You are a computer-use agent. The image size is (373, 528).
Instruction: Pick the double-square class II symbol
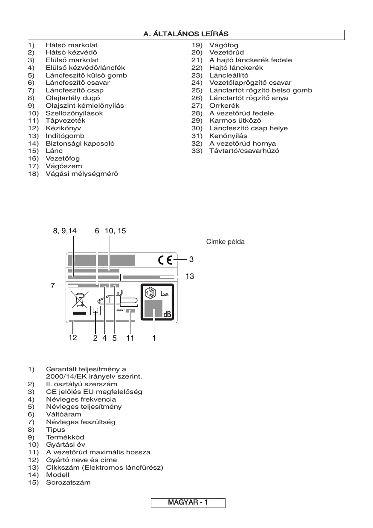click(95, 310)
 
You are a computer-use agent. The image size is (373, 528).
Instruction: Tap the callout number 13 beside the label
click(190, 277)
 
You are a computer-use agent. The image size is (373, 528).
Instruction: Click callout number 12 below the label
click(73, 338)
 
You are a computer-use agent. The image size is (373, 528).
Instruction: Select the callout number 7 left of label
click(53, 286)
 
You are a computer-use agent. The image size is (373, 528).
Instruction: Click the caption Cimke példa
click(226, 242)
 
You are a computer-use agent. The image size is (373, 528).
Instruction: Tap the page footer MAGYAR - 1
click(188, 503)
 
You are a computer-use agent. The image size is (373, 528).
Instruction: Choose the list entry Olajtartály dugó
click(73, 98)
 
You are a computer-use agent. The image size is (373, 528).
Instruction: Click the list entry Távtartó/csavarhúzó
click(244, 151)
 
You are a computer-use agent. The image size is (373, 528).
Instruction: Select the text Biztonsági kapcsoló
click(80, 143)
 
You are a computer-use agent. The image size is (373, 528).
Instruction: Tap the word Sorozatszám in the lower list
click(68, 482)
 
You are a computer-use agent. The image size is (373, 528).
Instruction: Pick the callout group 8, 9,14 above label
click(65, 231)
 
